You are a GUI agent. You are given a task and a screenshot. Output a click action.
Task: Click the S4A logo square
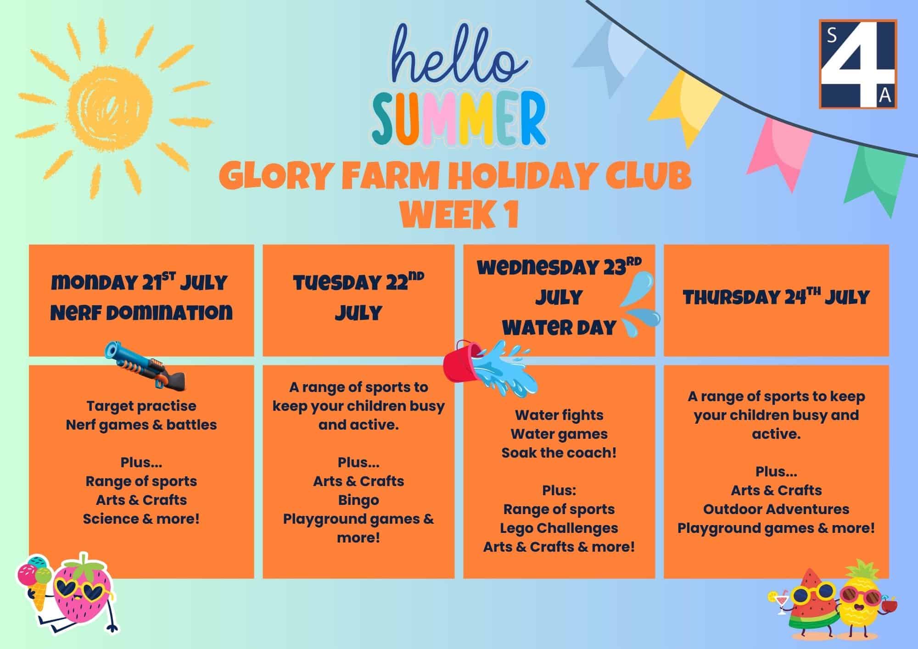(x=858, y=64)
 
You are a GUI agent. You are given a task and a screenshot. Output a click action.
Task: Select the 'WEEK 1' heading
(x=459, y=214)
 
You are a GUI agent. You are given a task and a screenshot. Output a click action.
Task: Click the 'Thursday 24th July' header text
(x=776, y=297)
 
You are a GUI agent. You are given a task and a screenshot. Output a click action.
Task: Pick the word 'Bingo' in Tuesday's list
(x=358, y=500)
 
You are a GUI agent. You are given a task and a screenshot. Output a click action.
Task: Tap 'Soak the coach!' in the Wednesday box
(x=559, y=453)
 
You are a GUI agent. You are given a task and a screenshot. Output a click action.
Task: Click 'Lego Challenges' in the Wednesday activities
(x=559, y=528)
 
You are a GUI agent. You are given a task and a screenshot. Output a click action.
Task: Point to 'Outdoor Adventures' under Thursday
(x=776, y=509)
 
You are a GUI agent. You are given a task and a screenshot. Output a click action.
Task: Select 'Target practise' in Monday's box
(x=141, y=406)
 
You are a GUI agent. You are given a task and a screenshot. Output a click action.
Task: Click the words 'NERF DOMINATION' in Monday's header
(x=141, y=313)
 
